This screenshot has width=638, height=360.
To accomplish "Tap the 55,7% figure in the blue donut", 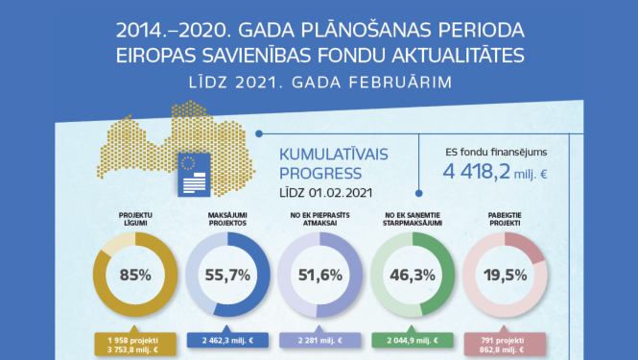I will (x=227, y=276).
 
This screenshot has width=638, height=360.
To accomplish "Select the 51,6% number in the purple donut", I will (x=320, y=276).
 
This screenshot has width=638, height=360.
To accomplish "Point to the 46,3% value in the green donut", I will (x=413, y=276).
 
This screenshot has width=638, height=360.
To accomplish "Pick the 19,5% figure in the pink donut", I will (x=505, y=276).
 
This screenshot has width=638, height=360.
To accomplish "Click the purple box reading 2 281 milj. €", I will (x=320, y=340).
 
